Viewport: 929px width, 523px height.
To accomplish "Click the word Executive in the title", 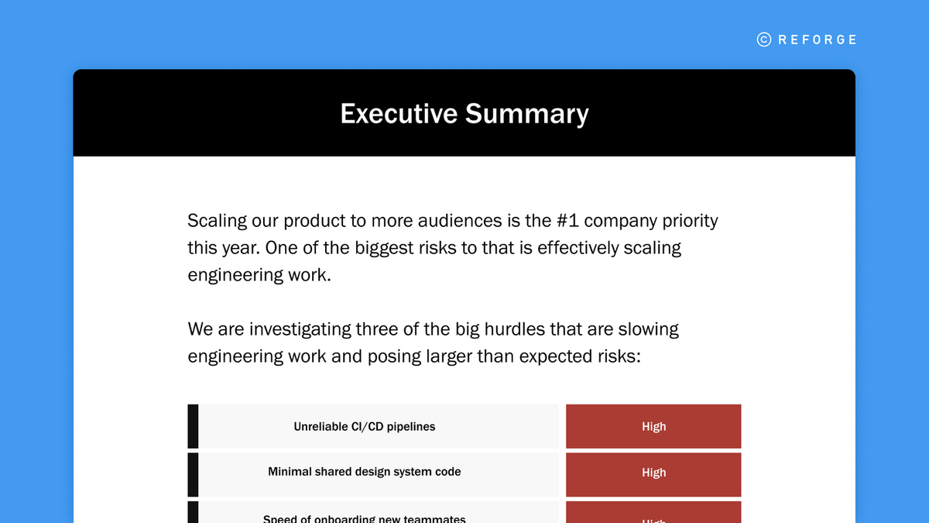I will [399, 114].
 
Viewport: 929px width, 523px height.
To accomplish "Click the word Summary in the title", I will [526, 114].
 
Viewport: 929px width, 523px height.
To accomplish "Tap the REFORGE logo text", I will [818, 40].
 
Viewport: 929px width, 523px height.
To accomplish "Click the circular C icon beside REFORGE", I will [764, 40].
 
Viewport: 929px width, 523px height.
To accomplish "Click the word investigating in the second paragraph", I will [299, 329].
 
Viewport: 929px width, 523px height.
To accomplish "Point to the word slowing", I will [648, 329].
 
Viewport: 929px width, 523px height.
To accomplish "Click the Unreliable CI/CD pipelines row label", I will [365, 427].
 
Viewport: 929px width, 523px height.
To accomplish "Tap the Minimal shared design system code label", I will [365, 472].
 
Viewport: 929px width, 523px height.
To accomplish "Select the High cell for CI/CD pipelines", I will [653, 427].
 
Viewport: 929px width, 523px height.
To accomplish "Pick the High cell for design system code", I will [653, 473].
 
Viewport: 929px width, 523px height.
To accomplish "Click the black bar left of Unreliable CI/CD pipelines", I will [193, 426].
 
